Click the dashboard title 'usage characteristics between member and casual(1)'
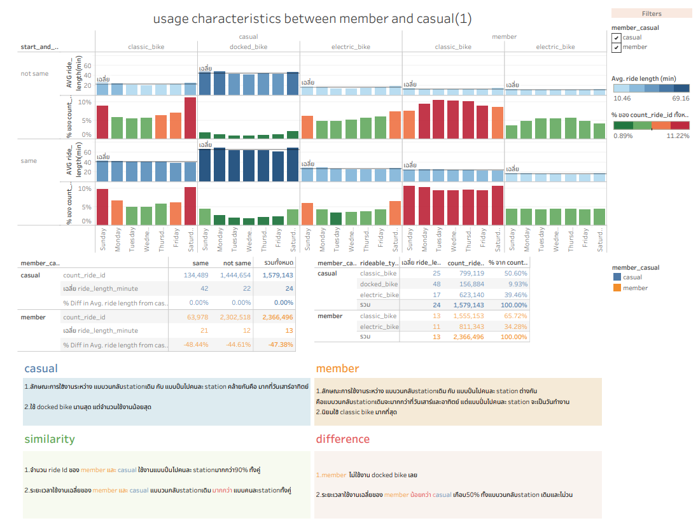tap(312, 18)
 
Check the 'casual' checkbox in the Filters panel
tap(616, 38)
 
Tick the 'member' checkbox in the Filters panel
tap(616, 47)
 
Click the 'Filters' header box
tap(651, 13)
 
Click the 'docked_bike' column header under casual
tap(248, 47)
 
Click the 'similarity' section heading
tap(50, 439)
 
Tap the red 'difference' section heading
tap(342, 439)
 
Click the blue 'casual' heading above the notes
tap(41, 368)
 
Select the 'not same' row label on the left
tap(34, 74)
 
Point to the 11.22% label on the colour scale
tap(677, 136)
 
